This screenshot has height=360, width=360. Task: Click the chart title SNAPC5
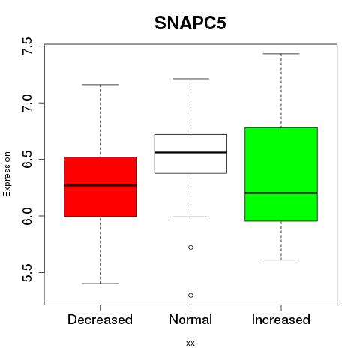click(190, 23)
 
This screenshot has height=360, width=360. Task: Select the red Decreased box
click(100, 187)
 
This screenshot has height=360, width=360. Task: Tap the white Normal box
click(190, 154)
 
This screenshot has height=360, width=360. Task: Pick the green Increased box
click(281, 174)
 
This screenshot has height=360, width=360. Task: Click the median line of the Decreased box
click(100, 185)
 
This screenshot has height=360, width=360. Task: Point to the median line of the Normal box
click(190, 152)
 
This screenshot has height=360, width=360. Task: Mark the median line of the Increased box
click(281, 193)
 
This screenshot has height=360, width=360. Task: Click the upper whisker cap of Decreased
click(100, 85)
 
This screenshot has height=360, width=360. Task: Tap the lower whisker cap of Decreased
click(100, 283)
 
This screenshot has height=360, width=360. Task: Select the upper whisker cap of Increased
click(281, 54)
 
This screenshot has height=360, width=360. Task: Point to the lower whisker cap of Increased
click(281, 260)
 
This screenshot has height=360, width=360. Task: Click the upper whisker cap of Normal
click(190, 79)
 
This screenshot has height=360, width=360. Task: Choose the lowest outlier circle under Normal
click(190, 295)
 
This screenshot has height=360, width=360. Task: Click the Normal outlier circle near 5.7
click(190, 247)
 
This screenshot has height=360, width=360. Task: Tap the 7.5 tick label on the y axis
click(27, 46)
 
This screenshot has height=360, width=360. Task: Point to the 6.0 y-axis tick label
click(27, 216)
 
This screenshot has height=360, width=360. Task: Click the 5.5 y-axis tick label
click(27, 272)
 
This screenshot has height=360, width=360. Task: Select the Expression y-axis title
click(7, 174)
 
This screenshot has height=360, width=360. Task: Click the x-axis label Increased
click(281, 319)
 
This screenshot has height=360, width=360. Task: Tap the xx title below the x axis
click(190, 343)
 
